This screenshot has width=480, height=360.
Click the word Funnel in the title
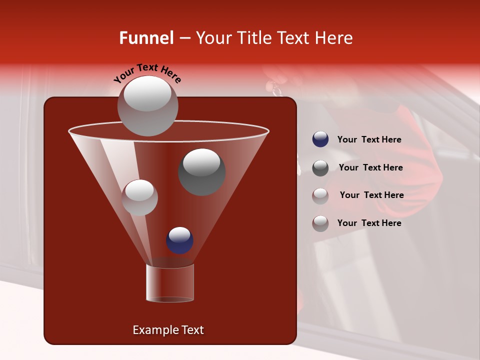click(146, 38)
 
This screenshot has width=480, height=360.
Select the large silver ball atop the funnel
click(147, 105)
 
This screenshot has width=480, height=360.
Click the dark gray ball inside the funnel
click(201, 171)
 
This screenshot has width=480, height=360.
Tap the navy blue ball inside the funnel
click(179, 240)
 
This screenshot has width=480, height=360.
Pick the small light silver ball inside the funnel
click(139, 197)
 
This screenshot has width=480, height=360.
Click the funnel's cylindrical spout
click(169, 283)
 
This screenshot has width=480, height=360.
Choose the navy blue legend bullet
click(320, 139)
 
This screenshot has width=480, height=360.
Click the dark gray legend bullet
click(320, 167)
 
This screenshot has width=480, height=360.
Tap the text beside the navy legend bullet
click(369, 140)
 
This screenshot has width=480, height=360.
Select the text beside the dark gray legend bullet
click(370, 167)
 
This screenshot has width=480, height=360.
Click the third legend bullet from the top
click(320, 195)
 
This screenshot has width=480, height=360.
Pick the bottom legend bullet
click(320, 223)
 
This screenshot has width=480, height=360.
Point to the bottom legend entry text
click(369, 223)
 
